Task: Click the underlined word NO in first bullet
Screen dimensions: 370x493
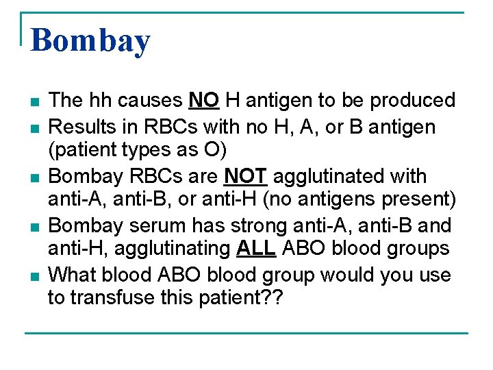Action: point(203,101)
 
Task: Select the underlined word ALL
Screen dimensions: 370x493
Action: point(255,248)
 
